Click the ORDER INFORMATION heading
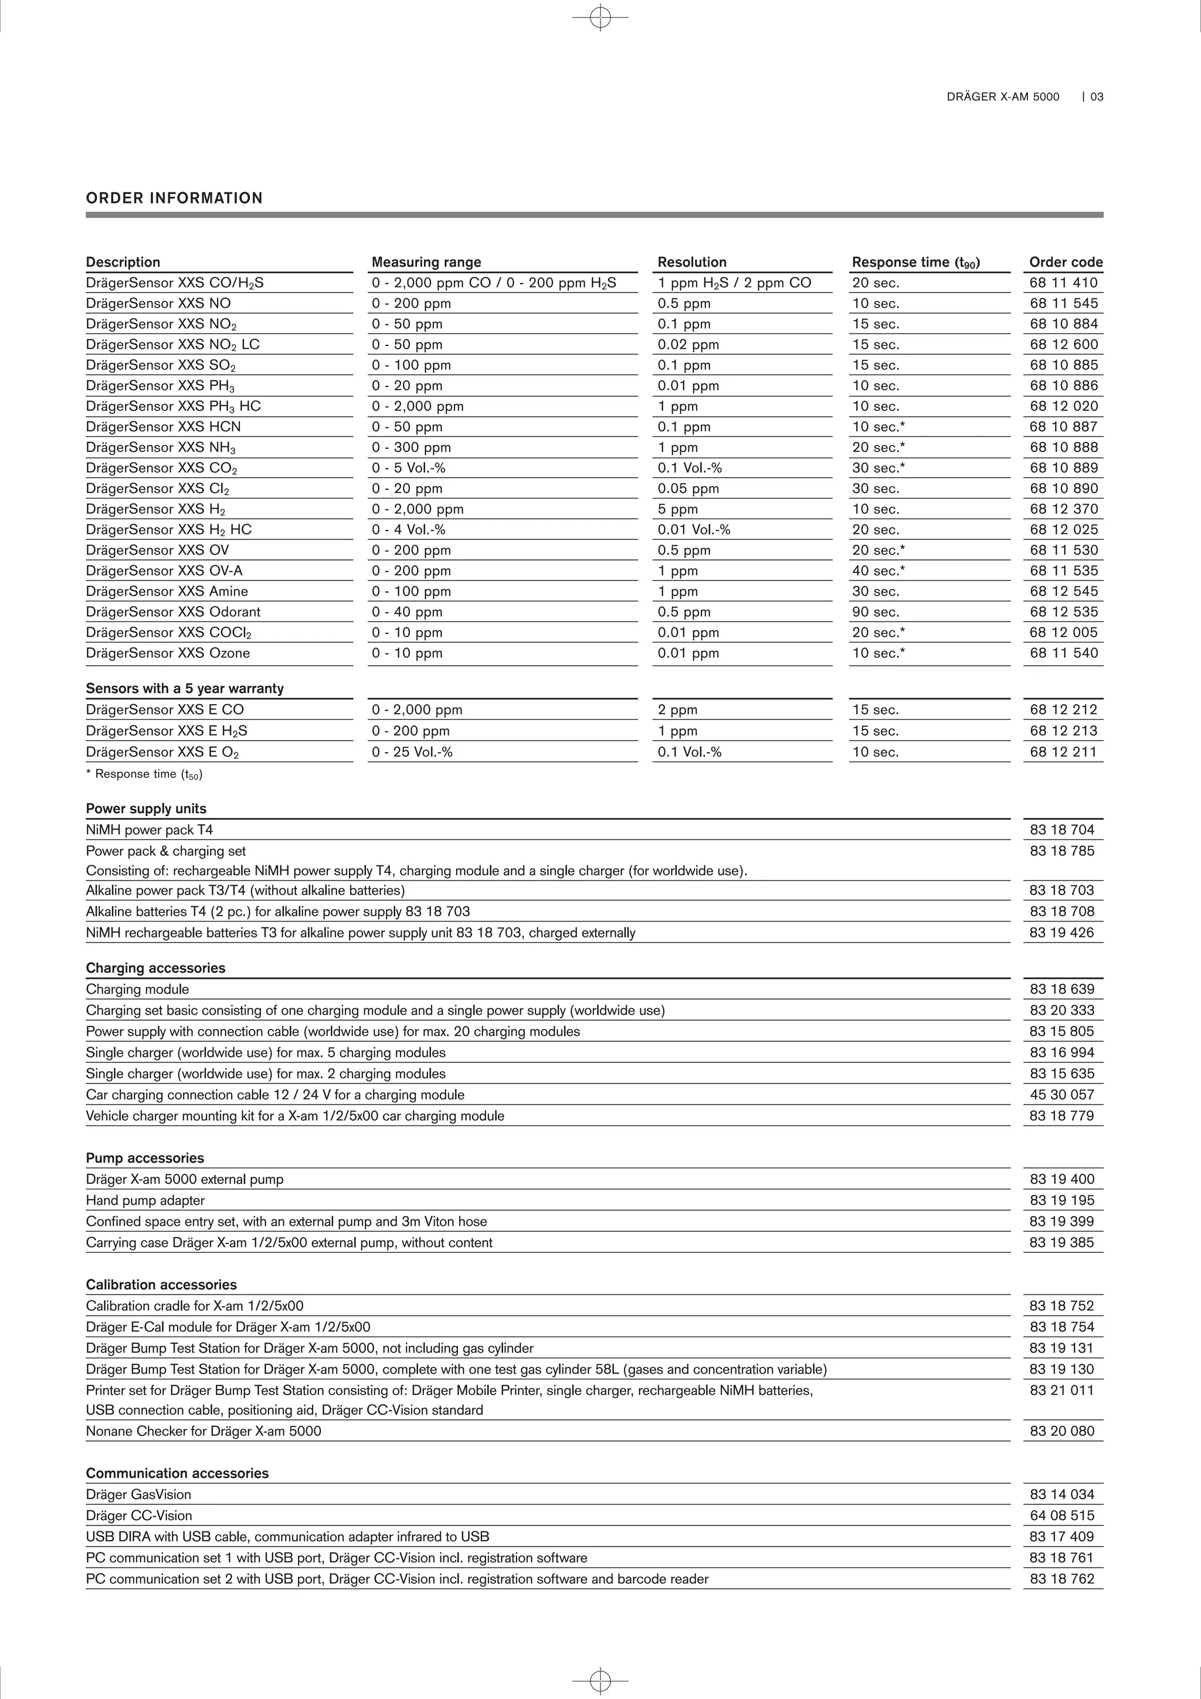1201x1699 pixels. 174,198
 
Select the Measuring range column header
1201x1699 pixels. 426,262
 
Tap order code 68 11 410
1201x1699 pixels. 1063,283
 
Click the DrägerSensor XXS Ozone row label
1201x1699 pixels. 168,653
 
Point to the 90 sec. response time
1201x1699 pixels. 876,612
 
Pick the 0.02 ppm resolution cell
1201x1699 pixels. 688,344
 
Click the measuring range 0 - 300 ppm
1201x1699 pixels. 412,447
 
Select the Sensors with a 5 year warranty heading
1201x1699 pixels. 184,688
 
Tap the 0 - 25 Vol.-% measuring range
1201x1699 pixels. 412,752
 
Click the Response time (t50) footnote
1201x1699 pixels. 145,774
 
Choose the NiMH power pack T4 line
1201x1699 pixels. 150,830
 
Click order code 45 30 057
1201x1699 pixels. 1061,1095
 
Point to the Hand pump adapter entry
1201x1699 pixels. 145,1200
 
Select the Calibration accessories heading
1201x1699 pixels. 161,1285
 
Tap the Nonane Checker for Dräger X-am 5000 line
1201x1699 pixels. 203,1431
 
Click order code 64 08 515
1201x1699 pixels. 1061,1515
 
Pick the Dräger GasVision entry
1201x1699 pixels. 138,1494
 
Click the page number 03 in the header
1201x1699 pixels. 1097,97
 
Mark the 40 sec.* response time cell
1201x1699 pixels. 878,570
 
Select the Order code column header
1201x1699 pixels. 1066,262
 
